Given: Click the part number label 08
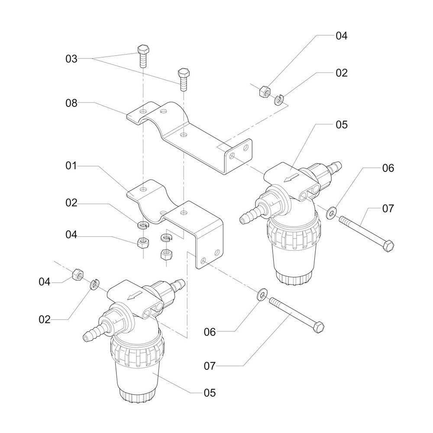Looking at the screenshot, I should click(71, 103).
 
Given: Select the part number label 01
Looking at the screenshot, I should click(71, 166).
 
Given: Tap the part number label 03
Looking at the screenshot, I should click(71, 59).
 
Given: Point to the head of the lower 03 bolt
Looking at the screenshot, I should click(183, 72).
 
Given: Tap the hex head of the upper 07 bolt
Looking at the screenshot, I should click(389, 246).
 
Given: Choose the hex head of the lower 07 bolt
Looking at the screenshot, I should click(319, 327).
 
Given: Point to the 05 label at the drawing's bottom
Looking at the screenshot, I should click(210, 393).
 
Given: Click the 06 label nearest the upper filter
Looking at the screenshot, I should click(388, 168).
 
